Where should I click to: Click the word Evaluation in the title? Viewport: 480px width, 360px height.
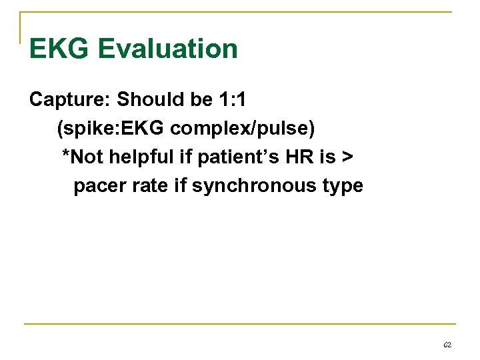tap(167, 49)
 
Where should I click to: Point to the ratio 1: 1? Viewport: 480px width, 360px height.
tap(233, 100)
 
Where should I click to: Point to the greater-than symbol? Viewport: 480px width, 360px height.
tap(347, 157)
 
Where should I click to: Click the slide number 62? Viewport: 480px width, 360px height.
tap(447, 345)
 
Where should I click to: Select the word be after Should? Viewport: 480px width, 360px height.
tap(201, 100)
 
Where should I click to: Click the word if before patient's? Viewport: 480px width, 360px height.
tap(185, 157)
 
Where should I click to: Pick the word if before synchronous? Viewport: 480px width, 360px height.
tap(180, 185)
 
